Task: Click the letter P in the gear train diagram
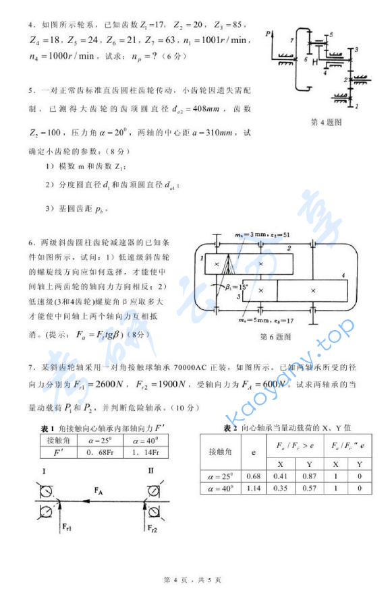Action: [x=269, y=32]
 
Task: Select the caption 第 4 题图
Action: [x=326, y=122]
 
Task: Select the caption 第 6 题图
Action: [x=275, y=336]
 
